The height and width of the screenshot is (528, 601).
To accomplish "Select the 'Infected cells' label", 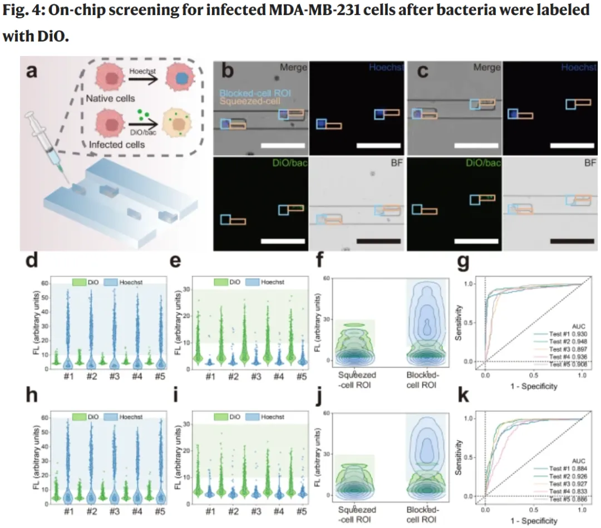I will point(117,145).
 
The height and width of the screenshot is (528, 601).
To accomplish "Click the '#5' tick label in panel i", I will point(300,509).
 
